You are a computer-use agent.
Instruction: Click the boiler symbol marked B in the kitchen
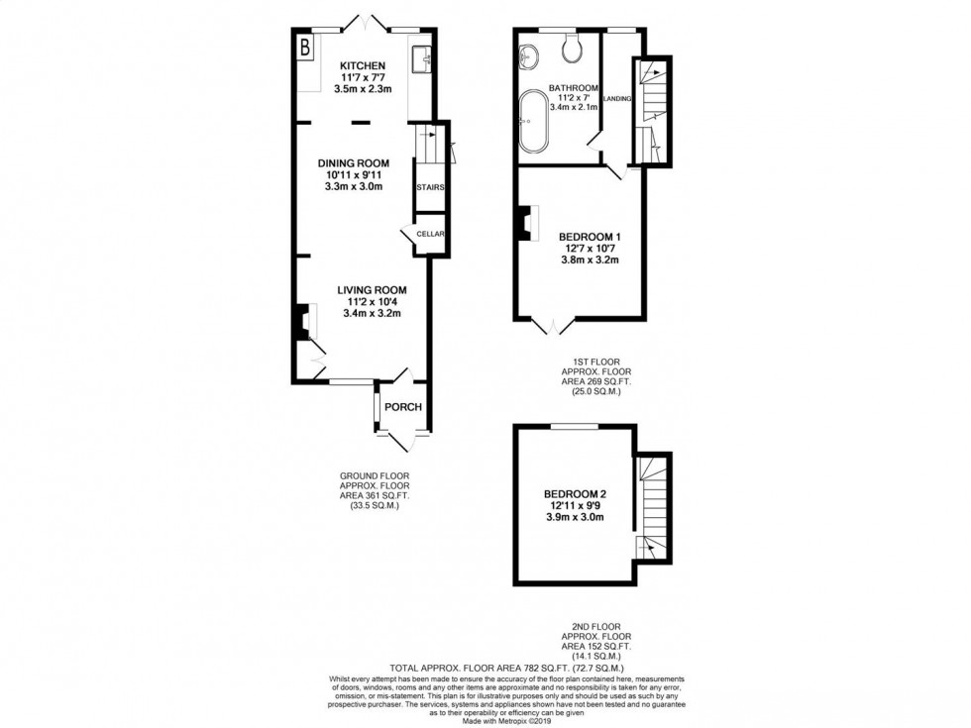click(x=305, y=47)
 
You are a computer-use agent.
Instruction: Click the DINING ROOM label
click(x=353, y=162)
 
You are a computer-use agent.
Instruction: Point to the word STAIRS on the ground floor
click(x=429, y=187)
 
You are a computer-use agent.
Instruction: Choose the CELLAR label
click(x=431, y=235)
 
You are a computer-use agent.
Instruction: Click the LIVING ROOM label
click(x=372, y=289)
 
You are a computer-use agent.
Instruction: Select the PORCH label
click(x=403, y=407)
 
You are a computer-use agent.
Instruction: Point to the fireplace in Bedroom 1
click(x=522, y=223)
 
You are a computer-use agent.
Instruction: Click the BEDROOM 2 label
click(x=575, y=493)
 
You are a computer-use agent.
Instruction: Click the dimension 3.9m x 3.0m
click(x=575, y=517)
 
